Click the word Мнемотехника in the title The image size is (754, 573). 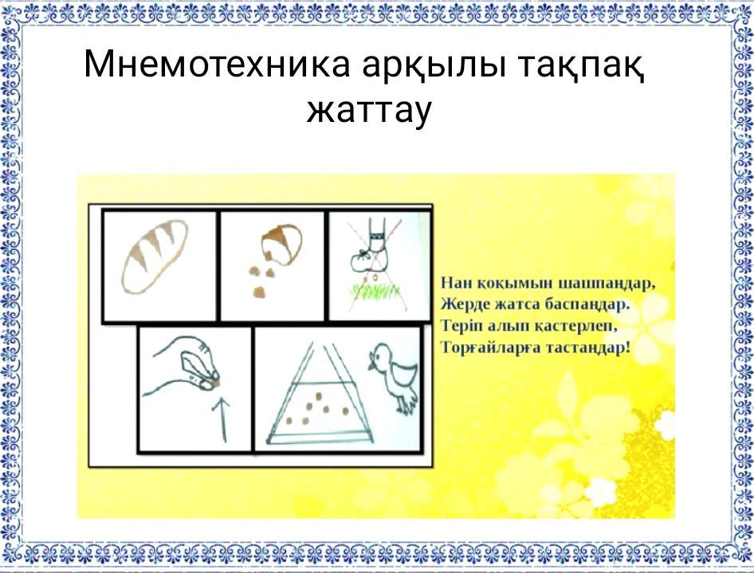[x=217, y=64]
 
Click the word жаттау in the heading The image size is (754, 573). [x=369, y=111]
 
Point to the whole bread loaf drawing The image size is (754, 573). [x=155, y=256]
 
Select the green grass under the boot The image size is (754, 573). [x=376, y=291]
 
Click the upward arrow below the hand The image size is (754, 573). [x=222, y=419]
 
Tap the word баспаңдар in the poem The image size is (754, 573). [x=587, y=304]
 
